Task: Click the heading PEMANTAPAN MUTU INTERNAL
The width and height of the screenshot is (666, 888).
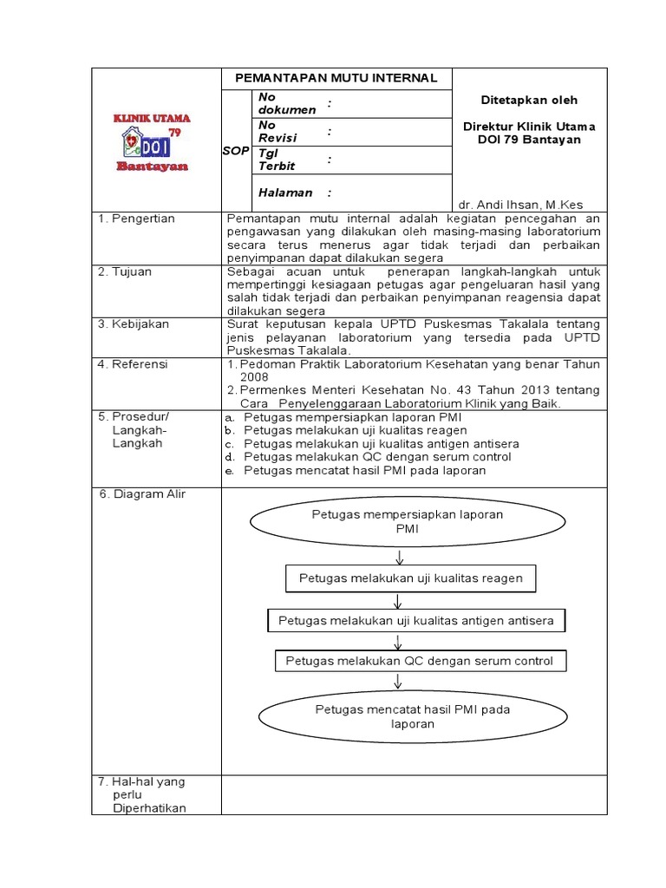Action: [x=336, y=78]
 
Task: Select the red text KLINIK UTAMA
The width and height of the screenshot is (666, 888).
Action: [x=153, y=118]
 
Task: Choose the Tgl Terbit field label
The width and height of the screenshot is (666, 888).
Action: [x=277, y=160]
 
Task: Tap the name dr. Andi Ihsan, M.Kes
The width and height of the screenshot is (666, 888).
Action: [x=519, y=204]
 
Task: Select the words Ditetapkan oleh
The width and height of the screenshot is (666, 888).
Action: [x=529, y=101]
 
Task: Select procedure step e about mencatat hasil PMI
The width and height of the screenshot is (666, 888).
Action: [x=364, y=470]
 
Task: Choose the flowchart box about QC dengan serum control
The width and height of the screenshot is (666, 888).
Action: [x=419, y=661]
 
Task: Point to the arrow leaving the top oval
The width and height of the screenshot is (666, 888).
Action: [x=399, y=556]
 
